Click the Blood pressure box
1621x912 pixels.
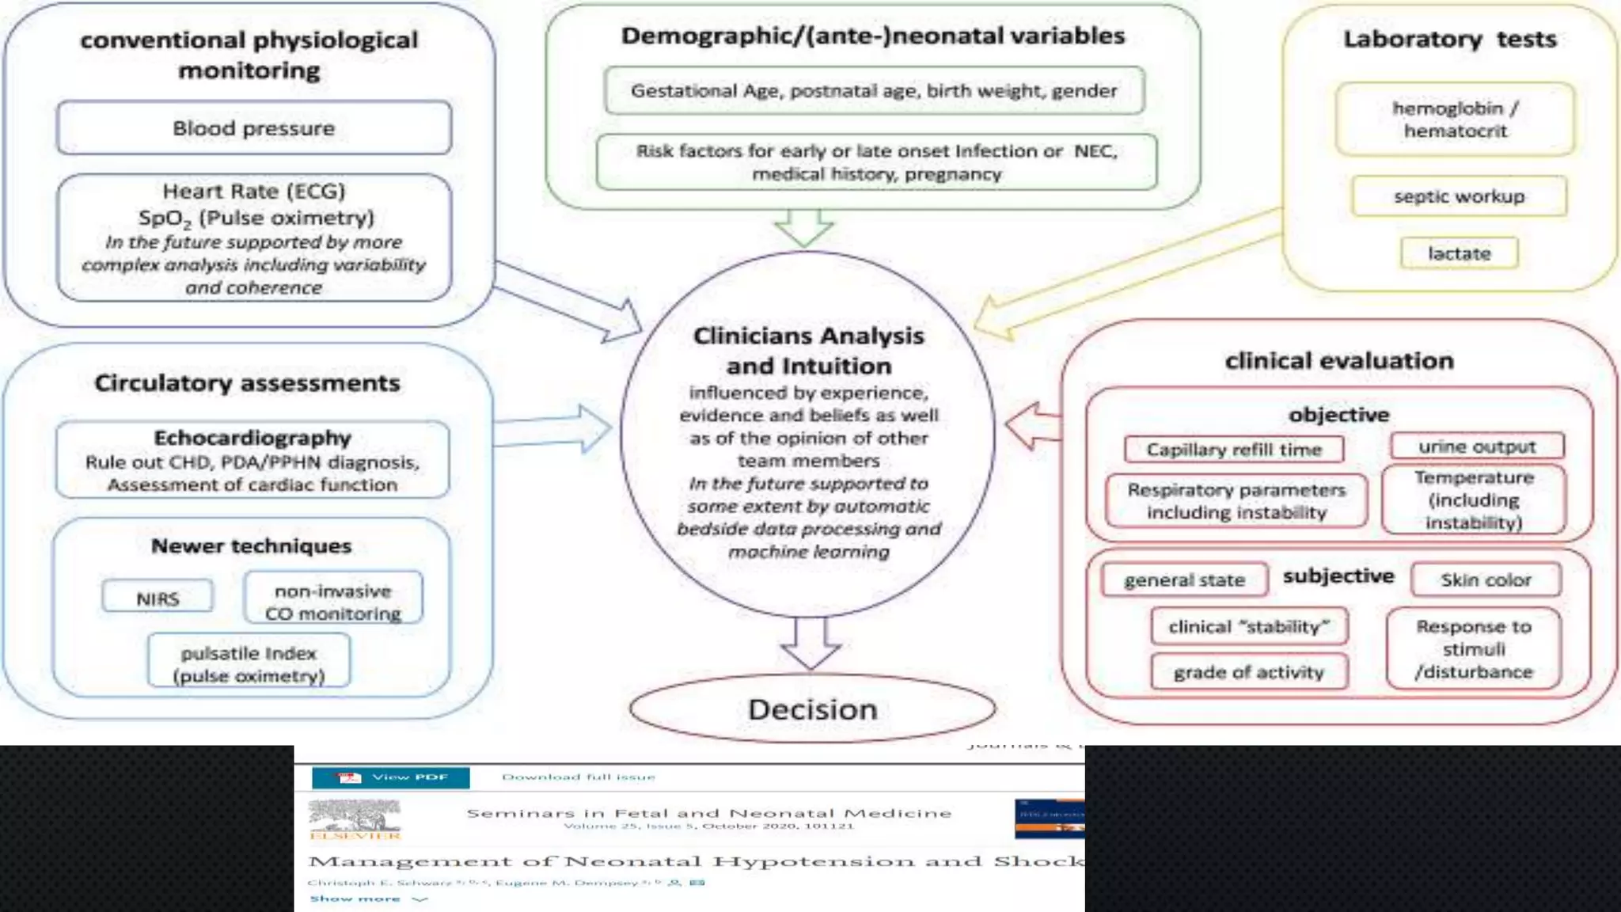pyautogui.click(x=254, y=127)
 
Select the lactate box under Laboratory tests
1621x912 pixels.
pyautogui.click(x=1459, y=253)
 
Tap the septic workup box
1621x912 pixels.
pyautogui.click(x=1459, y=196)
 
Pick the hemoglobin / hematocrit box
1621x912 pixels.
pyautogui.click(x=1455, y=120)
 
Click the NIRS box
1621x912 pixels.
pyautogui.click(x=158, y=598)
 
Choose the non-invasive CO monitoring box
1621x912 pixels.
pyautogui.click(x=333, y=601)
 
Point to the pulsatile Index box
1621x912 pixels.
pyautogui.click(x=249, y=663)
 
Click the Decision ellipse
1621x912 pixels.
pyautogui.click(x=813, y=709)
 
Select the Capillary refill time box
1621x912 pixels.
pyautogui.click(x=1234, y=450)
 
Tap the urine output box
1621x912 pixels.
pyautogui.click(x=1477, y=446)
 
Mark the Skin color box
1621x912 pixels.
pyautogui.click(x=1486, y=580)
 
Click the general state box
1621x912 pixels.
pyautogui.click(x=1184, y=580)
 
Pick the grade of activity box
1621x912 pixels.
pyautogui.click(x=1248, y=672)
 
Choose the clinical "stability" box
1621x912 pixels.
pyautogui.click(x=1248, y=627)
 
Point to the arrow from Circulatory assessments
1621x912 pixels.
pyautogui.click(x=554, y=429)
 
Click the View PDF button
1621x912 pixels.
pyautogui.click(x=391, y=777)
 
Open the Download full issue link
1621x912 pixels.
pyautogui.click(x=579, y=777)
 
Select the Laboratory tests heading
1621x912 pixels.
pyautogui.click(x=1450, y=39)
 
